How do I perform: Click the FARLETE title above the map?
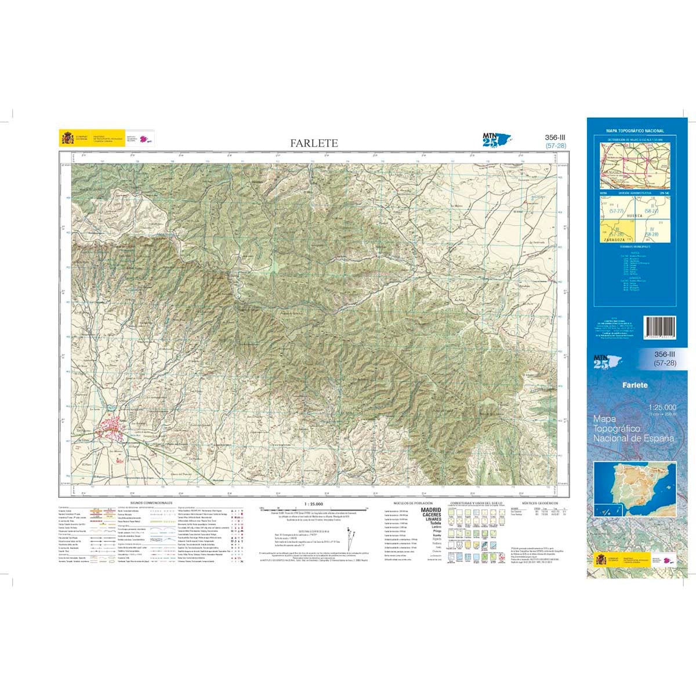click(314, 143)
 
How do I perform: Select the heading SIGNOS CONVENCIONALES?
click(151, 503)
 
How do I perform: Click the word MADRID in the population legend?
click(431, 510)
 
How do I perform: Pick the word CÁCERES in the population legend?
click(431, 515)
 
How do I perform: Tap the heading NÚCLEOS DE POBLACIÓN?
click(412, 503)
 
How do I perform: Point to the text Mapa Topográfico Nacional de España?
click(633, 428)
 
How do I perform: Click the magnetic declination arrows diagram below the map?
click(350, 537)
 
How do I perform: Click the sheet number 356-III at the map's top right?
click(555, 137)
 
